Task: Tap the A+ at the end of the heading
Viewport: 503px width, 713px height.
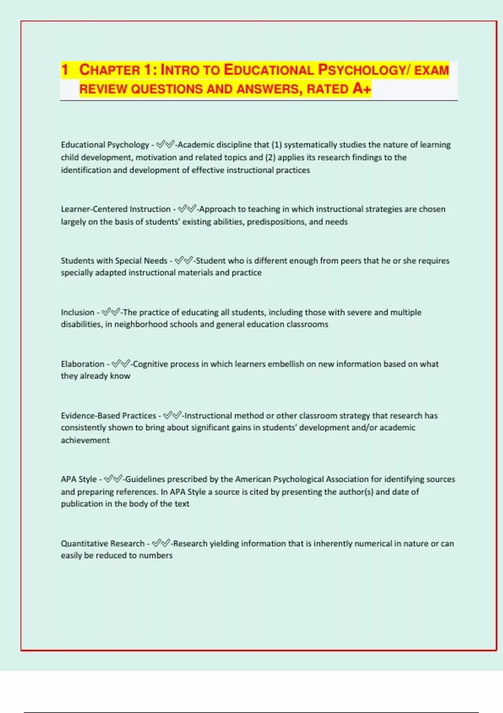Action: pos(362,89)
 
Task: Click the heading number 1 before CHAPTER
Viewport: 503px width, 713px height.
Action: pos(65,70)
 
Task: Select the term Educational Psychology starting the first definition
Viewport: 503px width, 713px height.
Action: pos(105,145)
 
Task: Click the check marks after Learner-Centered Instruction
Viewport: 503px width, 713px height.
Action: pos(187,209)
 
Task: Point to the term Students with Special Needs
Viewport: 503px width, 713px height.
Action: pos(114,260)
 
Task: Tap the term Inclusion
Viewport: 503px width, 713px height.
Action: pos(78,312)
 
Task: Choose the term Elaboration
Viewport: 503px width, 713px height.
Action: pos(83,364)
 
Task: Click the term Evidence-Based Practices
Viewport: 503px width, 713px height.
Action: pos(108,416)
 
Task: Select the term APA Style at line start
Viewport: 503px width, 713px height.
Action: pos(79,479)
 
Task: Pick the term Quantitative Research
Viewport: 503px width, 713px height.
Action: pos(103,544)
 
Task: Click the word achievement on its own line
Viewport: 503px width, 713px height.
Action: pos(85,440)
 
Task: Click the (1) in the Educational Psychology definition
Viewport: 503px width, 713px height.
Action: pos(277,145)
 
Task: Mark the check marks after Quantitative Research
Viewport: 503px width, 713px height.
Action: pos(161,544)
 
